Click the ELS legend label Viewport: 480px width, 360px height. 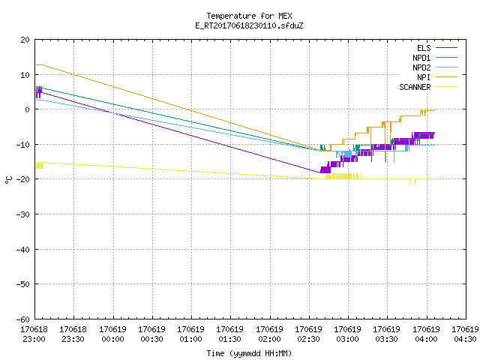(424, 48)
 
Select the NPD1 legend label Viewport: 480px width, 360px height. (421, 58)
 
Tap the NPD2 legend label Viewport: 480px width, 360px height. (421, 67)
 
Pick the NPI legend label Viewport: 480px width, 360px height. (424, 77)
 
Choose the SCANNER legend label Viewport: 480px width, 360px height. (415, 87)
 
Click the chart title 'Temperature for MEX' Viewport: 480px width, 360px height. (249, 16)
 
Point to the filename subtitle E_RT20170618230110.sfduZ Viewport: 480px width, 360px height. (249, 25)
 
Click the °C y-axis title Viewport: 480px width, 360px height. (8, 180)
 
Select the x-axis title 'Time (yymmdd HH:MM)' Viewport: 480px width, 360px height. (249, 353)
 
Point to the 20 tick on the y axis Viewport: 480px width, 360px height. (25, 40)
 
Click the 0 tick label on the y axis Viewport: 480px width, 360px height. (28, 109)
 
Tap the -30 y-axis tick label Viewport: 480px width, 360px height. (23, 214)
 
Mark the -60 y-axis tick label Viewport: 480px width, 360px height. (23, 319)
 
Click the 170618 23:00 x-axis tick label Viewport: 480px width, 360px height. (34, 334)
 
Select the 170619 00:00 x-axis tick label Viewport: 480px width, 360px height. (112, 334)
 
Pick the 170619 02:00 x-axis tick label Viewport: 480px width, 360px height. (269, 334)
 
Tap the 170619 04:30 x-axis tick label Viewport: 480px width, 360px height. (465, 334)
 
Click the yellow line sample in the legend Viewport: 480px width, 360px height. (447, 87)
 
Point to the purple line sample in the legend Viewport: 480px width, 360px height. (447, 48)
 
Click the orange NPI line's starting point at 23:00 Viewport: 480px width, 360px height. (36, 65)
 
